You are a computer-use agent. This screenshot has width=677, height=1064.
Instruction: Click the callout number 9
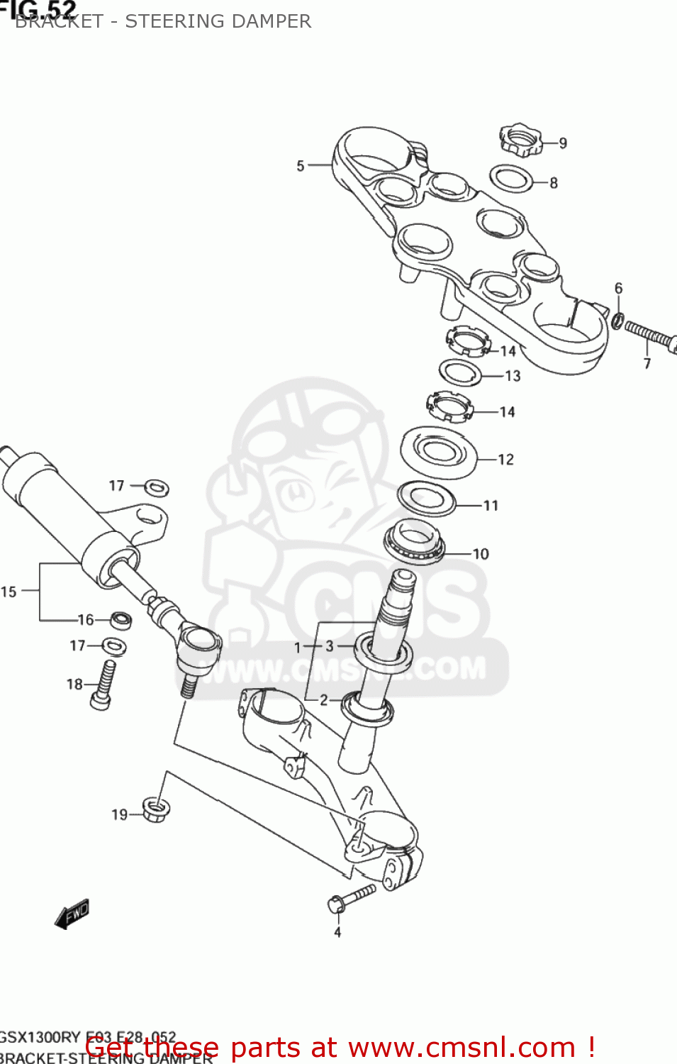click(563, 143)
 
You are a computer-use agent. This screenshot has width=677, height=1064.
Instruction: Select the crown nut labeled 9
click(520, 139)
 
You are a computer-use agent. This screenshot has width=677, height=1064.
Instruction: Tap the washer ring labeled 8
click(511, 179)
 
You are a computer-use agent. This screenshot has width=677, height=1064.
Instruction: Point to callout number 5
click(301, 166)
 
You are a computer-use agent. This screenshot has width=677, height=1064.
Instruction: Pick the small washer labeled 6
click(618, 321)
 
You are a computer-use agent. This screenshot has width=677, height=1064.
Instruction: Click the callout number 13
click(513, 376)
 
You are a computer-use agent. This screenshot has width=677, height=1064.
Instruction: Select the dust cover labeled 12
click(439, 453)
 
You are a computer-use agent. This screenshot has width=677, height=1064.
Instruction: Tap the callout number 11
click(491, 506)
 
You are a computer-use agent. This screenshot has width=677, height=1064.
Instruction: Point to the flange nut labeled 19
click(156, 809)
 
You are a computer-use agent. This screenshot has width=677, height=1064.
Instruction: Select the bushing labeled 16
click(122, 620)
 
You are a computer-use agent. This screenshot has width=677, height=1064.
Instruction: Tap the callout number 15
click(9, 592)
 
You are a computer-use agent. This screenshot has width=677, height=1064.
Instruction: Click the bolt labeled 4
click(351, 897)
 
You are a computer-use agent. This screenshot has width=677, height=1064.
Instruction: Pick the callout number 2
click(324, 700)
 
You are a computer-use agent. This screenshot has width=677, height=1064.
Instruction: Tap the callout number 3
click(330, 646)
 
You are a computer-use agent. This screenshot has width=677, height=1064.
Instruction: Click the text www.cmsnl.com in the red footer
click(462, 1048)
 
